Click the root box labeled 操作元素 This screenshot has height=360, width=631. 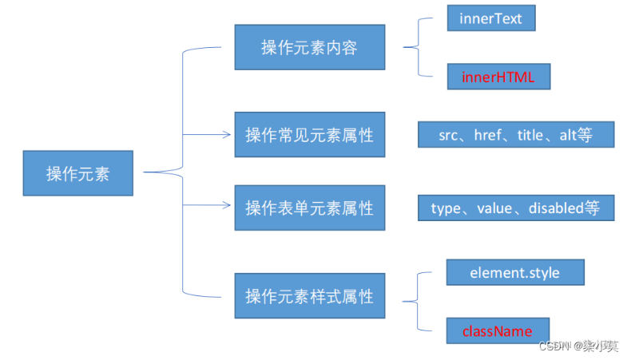point(78,173)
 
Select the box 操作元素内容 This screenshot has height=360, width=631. point(310,47)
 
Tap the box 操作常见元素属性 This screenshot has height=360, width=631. point(310,135)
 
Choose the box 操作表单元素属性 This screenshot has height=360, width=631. point(310,208)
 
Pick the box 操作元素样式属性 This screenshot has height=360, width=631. point(310,296)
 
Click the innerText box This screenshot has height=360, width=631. point(491,18)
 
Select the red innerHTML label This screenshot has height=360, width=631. point(498,77)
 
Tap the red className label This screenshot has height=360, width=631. point(498,331)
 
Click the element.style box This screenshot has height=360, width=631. point(515,272)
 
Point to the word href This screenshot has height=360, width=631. point(488,135)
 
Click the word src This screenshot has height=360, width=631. point(448,136)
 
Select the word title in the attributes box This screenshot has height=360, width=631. point(530,135)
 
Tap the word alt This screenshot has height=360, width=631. point(568,135)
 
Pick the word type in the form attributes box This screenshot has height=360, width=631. point(446,209)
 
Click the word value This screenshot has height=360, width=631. point(494,208)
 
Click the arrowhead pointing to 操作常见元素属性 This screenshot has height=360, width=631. point(227,134)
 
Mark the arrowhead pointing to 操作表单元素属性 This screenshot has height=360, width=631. point(227,205)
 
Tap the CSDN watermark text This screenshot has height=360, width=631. point(578,346)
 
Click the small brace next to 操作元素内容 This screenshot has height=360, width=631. point(419,47)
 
